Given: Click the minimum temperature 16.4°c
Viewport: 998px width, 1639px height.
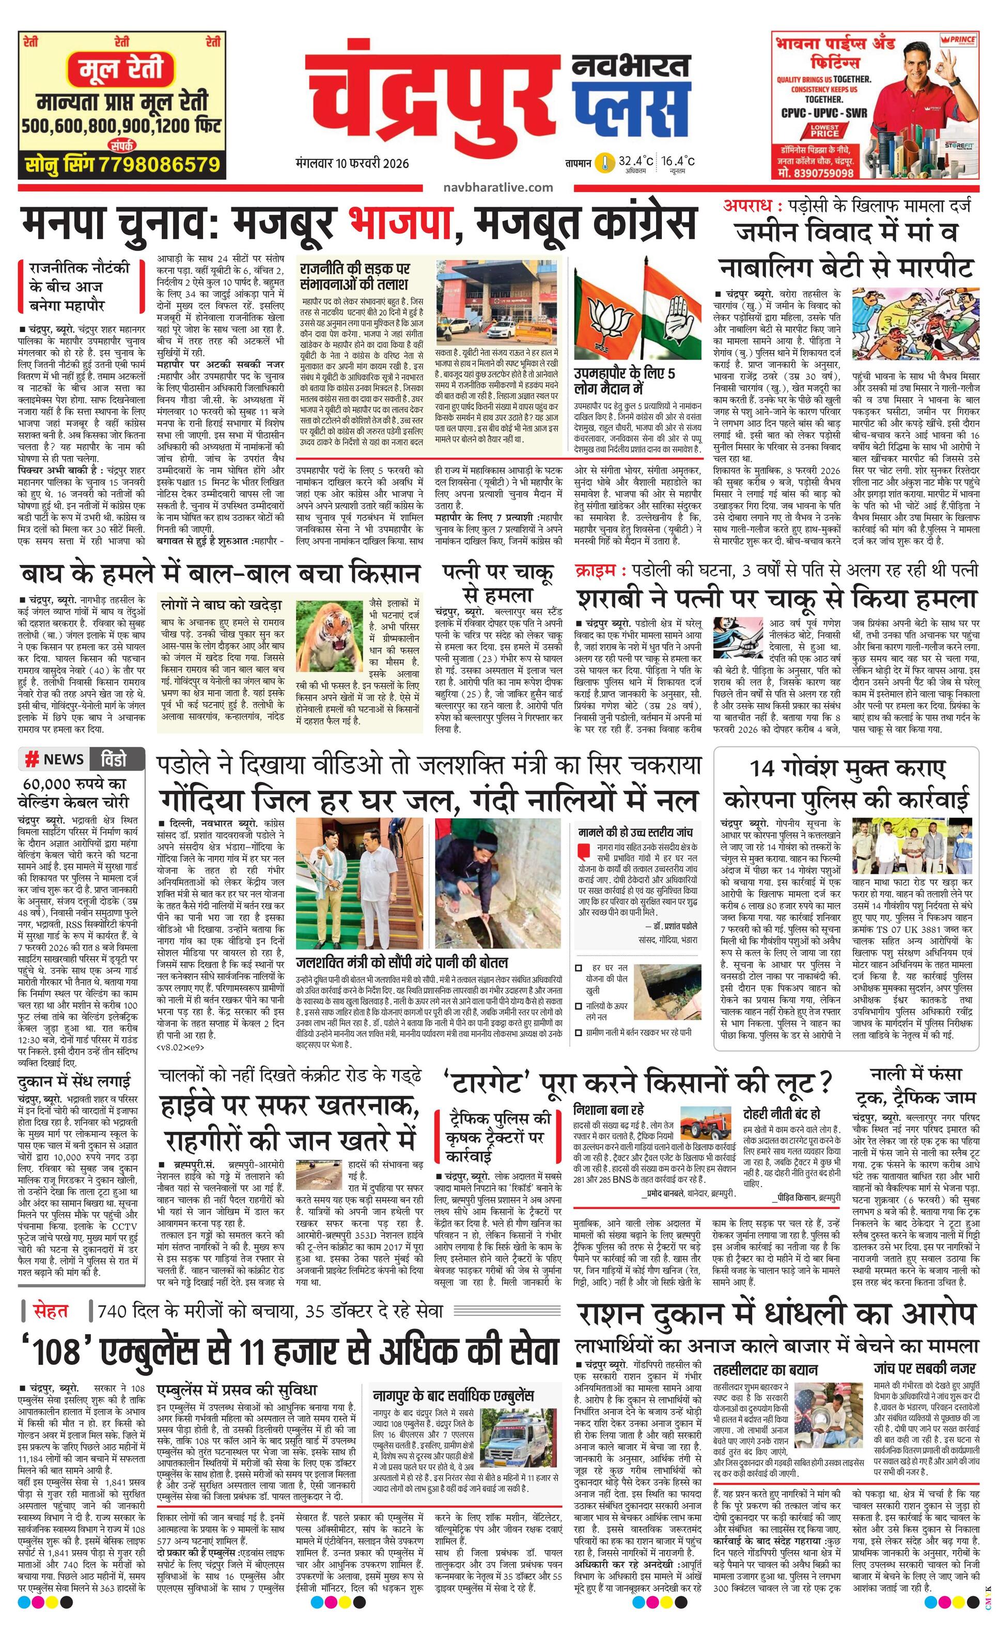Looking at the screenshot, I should point(679,161).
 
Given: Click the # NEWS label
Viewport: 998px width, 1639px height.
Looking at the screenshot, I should point(54,759).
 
